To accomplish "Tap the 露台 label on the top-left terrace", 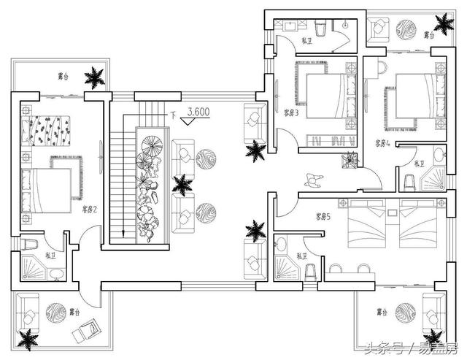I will (x=65, y=75).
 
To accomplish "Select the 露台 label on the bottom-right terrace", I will (x=382, y=312).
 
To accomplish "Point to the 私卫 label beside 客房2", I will (x=50, y=255).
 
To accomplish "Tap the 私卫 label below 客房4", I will (x=420, y=164).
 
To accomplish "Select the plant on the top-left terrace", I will (x=93, y=76).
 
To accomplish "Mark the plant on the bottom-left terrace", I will (x=28, y=340).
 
